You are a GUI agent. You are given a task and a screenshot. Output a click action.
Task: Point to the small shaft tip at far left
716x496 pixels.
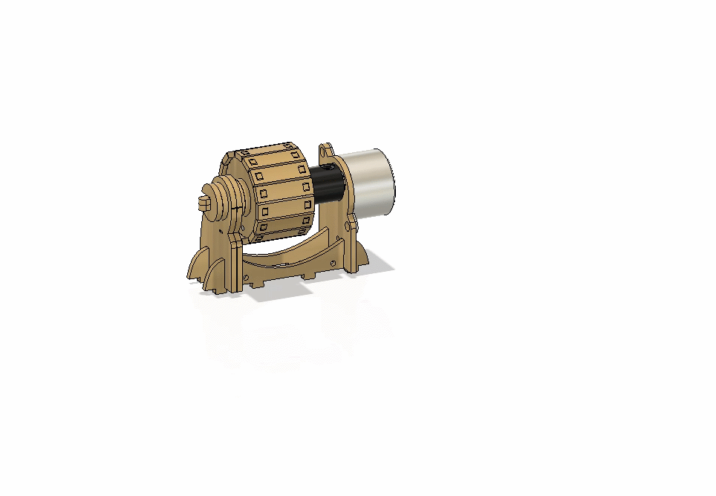pos(204,202)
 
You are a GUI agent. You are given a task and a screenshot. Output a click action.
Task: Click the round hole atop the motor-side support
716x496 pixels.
pos(324,152)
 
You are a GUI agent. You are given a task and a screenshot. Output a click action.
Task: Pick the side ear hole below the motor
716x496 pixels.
pos(347,225)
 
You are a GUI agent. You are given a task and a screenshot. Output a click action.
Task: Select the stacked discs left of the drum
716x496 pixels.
pos(224,200)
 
